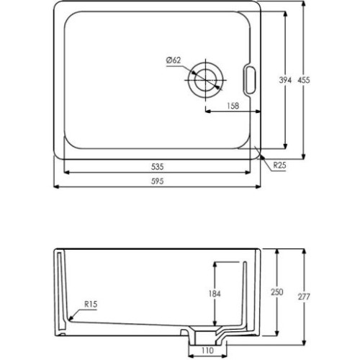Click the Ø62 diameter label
tap(174, 60)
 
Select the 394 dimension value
tap(285, 80)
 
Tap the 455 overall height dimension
tap(304, 80)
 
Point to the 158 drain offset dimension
tap(233, 106)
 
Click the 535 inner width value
tap(158, 166)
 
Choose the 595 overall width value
tap(158, 181)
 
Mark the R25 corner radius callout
tap(280, 165)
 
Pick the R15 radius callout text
tap(91, 304)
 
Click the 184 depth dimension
tap(215, 294)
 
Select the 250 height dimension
tap(277, 292)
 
